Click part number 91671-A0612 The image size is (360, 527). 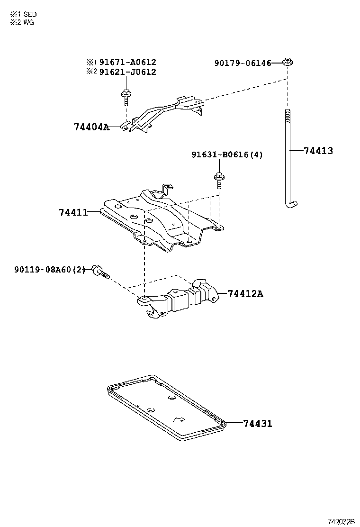(x=127, y=62)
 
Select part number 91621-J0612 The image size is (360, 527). (x=127, y=72)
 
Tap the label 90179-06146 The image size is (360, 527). (x=243, y=63)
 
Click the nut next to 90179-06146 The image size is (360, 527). (x=287, y=62)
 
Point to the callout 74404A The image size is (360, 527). (x=91, y=127)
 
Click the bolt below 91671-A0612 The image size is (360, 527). (x=126, y=97)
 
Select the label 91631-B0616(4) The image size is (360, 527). (x=227, y=154)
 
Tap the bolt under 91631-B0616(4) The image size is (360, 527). (x=219, y=180)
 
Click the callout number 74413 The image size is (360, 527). (x=318, y=151)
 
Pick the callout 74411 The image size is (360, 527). (x=73, y=212)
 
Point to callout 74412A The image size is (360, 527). (x=245, y=294)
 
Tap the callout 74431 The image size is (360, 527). (x=258, y=423)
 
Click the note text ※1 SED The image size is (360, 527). (x=23, y=15)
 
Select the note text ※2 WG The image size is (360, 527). (x=22, y=22)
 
